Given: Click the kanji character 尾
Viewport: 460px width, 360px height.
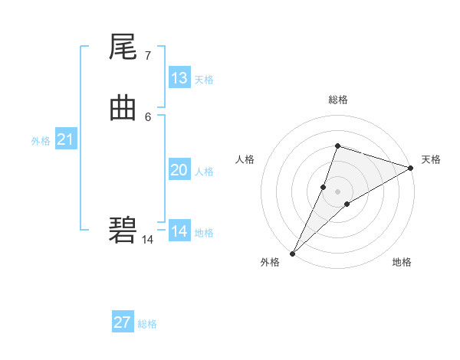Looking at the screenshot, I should (123, 49).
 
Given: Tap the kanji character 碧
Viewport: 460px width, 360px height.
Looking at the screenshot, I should (123, 230).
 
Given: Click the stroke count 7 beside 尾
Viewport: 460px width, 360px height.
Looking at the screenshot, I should (147, 56).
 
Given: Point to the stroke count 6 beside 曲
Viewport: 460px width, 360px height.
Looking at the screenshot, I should (147, 116).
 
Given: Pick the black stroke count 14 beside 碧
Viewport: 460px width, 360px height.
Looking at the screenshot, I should (147, 239).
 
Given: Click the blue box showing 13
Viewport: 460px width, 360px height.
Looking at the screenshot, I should (179, 78).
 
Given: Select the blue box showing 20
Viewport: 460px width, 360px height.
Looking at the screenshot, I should (179, 170).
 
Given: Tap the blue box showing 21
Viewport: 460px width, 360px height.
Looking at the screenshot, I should (66, 139).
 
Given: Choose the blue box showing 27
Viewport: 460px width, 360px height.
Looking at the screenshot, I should (123, 322).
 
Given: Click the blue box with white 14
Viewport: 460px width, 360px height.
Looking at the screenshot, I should (179, 231).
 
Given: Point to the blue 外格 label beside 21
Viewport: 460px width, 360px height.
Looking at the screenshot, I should (41, 141).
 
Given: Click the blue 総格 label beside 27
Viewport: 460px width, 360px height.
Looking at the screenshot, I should (147, 324).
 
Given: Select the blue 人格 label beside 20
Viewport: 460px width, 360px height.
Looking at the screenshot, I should (205, 172).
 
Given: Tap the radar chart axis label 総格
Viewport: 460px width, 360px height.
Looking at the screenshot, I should (338, 100).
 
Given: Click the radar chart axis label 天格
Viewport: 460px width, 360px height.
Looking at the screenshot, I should (431, 159).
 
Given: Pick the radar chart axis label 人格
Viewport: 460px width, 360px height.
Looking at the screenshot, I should (245, 159).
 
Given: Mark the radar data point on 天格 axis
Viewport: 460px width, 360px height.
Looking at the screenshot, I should (411, 168).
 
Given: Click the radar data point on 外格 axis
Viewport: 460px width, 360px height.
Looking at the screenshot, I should (292, 254).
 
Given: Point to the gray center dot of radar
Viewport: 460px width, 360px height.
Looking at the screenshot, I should (338, 191).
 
